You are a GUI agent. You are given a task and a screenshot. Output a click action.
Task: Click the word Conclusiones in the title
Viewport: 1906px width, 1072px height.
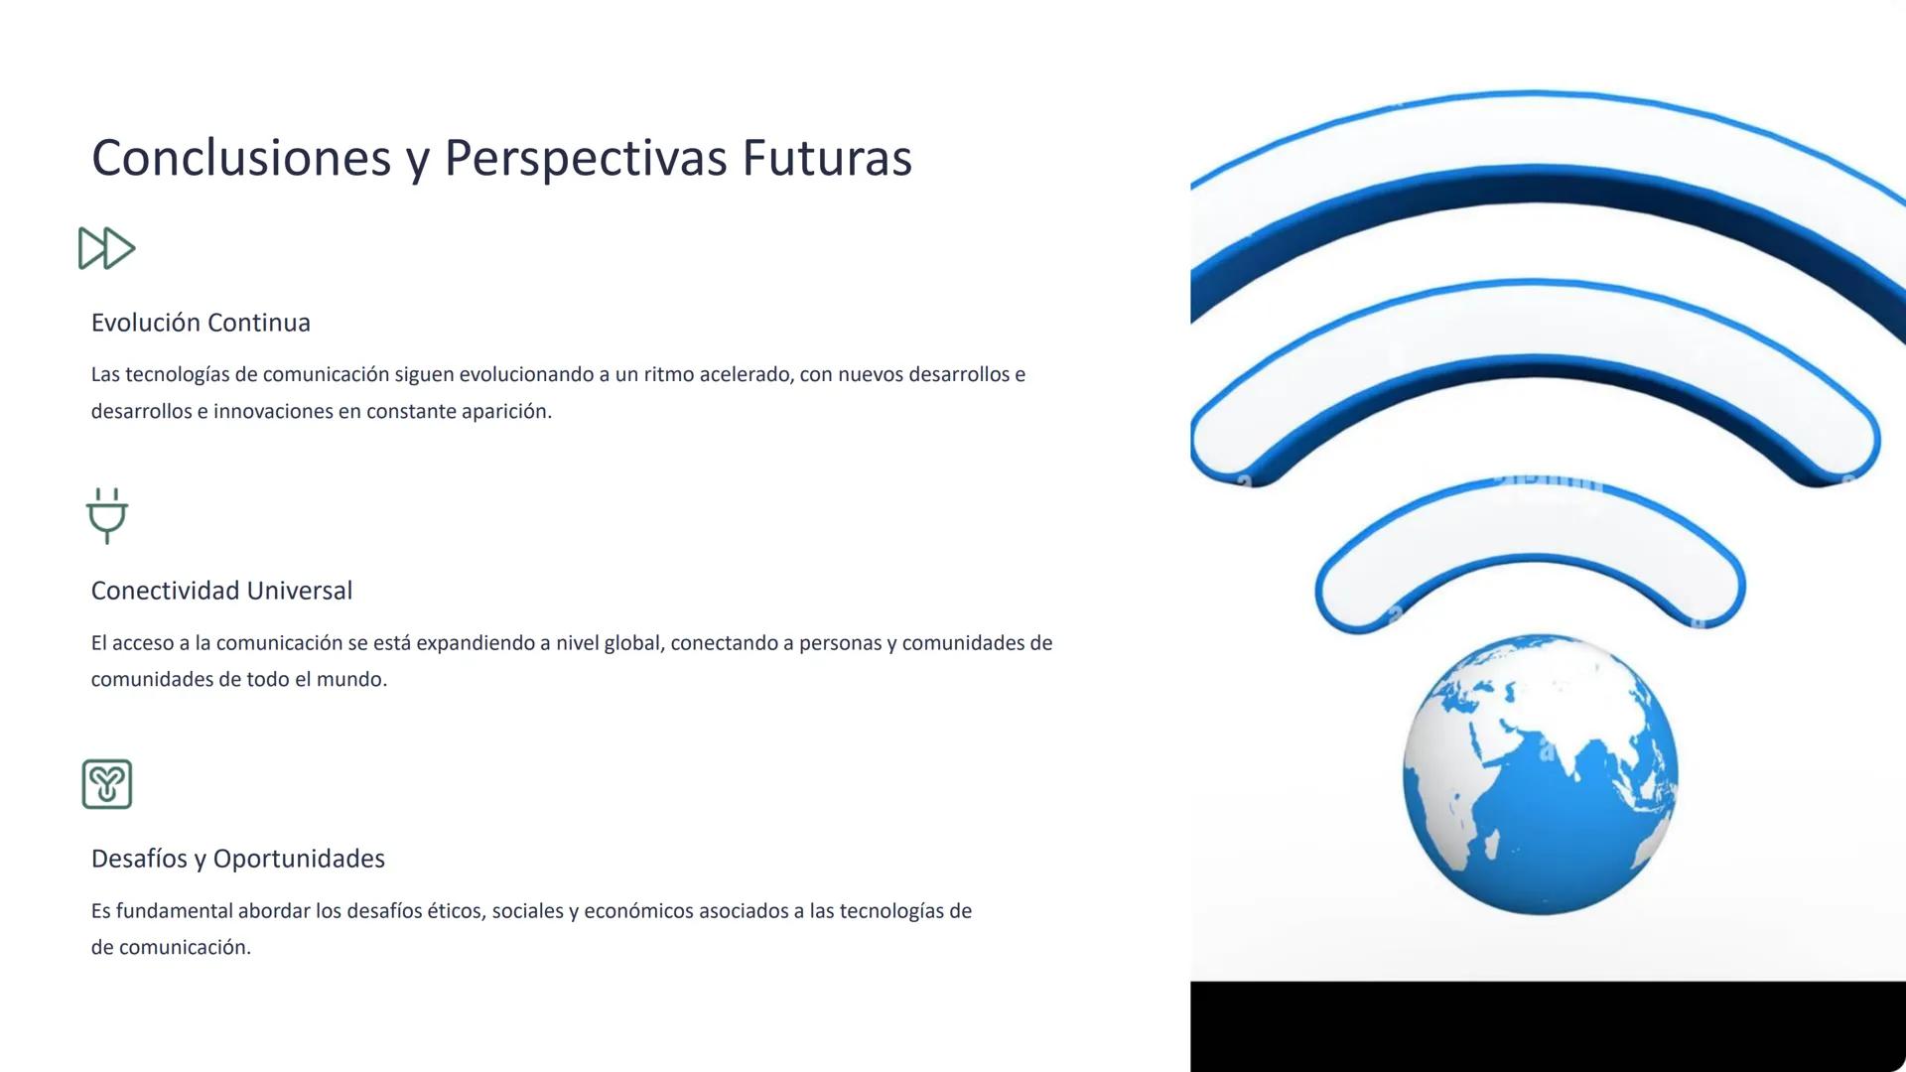point(241,158)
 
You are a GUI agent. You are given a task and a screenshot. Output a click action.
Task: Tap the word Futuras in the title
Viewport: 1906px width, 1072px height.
point(826,158)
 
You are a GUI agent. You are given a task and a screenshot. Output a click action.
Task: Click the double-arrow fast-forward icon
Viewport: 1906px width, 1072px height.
point(106,248)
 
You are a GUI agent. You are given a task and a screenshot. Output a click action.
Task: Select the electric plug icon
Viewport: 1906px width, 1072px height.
point(107,515)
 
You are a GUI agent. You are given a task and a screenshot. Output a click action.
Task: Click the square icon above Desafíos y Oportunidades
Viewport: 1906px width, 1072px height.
point(107,784)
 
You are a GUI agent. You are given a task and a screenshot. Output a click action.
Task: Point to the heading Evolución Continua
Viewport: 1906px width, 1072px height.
point(201,323)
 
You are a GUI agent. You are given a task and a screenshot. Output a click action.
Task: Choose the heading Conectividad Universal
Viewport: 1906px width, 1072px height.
point(221,591)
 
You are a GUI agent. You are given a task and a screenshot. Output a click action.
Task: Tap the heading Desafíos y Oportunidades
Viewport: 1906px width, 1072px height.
point(238,859)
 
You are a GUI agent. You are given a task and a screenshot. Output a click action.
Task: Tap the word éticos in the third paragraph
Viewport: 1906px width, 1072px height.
point(456,911)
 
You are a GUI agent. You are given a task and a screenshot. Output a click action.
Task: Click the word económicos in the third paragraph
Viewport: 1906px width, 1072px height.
point(638,911)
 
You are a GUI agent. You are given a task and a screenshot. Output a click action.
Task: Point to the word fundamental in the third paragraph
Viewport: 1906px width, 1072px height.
point(175,911)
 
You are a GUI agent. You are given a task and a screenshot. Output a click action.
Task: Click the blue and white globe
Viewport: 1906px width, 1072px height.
point(1540,774)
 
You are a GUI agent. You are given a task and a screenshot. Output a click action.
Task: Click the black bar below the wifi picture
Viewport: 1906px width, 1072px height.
point(1547,1026)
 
